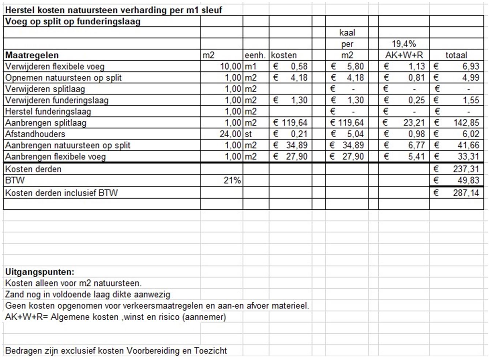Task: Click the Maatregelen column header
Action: (x=32, y=55)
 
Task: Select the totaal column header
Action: (x=456, y=55)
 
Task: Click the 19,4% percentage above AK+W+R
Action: (x=404, y=44)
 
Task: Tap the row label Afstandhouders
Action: (x=35, y=134)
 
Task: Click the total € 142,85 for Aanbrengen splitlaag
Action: (x=466, y=123)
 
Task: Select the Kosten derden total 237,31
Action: (x=466, y=169)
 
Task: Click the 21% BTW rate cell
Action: (x=232, y=180)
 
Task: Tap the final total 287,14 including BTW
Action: (x=466, y=193)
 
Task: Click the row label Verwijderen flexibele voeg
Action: (x=55, y=67)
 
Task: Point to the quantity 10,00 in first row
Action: (x=230, y=67)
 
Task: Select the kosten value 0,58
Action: (x=299, y=67)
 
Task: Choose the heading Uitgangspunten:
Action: (x=40, y=272)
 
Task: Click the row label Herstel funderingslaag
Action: (x=48, y=112)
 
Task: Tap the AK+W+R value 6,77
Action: (x=416, y=145)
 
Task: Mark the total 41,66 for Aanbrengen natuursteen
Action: (x=468, y=145)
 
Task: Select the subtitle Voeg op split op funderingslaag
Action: (x=73, y=22)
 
